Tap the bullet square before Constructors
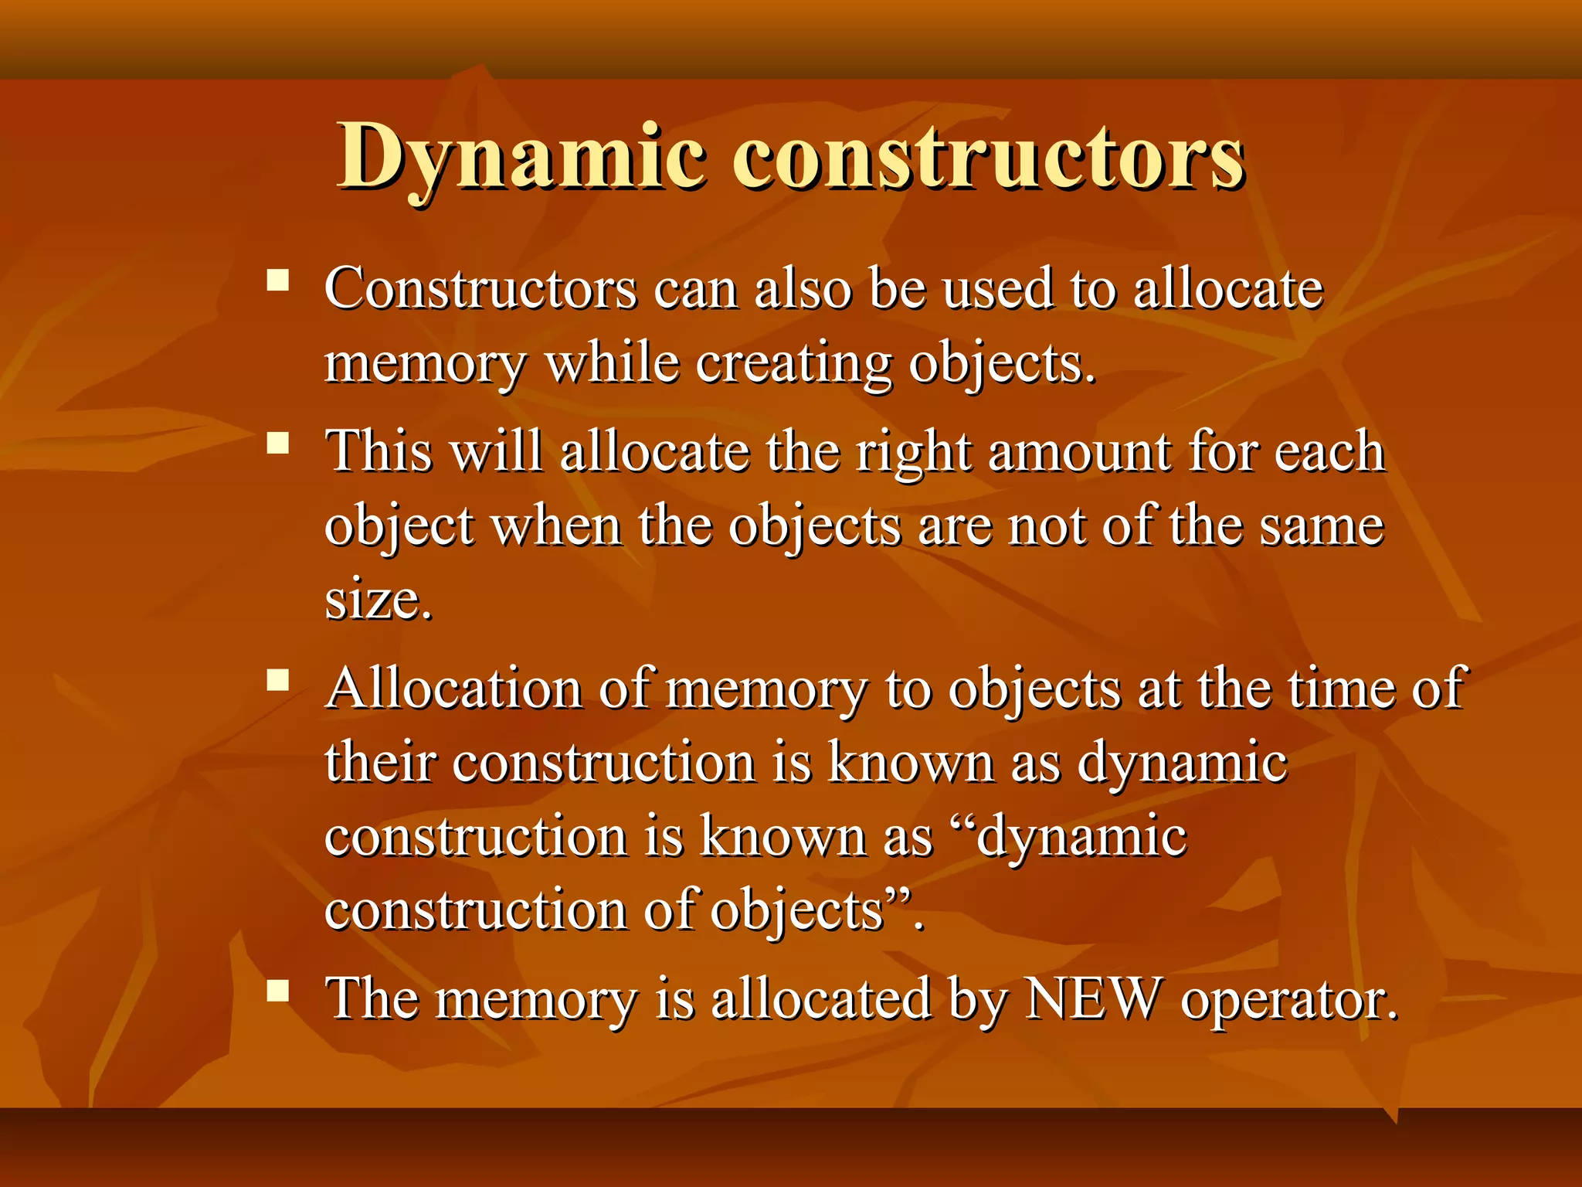coord(277,279)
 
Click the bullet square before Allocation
coord(277,680)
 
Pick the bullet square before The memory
coord(277,990)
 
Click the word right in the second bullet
coord(912,453)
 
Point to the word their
coord(379,762)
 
